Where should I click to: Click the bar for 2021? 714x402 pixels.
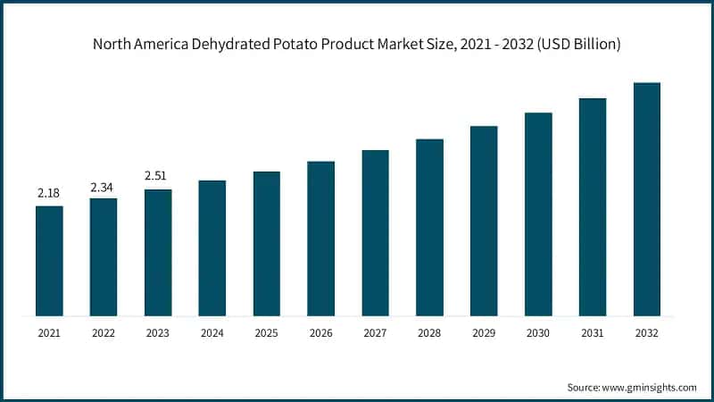(49, 260)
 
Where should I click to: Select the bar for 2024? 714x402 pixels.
(212, 247)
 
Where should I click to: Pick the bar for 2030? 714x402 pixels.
(538, 214)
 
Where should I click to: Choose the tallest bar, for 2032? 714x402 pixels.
(646, 198)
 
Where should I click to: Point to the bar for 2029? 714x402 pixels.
(484, 221)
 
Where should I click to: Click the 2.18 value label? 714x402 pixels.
(49, 193)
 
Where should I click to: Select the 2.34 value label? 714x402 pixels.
(104, 186)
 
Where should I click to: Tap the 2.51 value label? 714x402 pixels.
(158, 176)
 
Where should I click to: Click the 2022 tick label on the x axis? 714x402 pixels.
(104, 334)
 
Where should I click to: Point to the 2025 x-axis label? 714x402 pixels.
(266, 334)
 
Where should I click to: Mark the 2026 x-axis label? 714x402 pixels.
(320, 334)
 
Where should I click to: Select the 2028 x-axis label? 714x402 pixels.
(429, 334)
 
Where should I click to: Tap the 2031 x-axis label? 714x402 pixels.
(592, 334)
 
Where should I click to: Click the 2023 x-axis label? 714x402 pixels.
(158, 334)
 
